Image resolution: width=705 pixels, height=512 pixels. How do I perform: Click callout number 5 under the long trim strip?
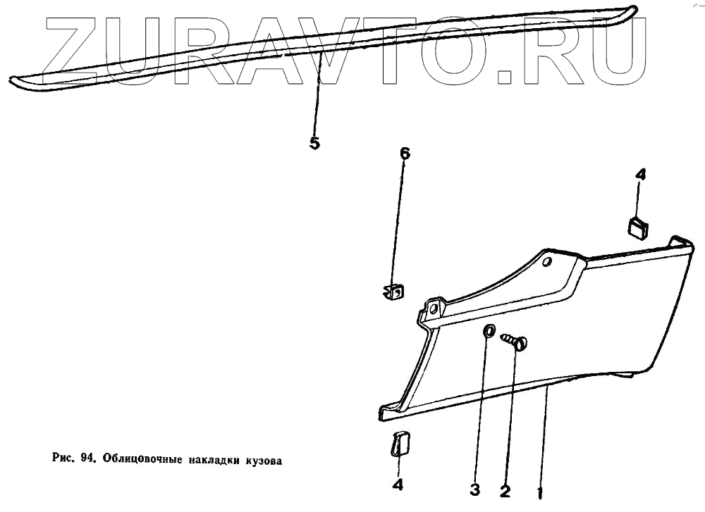(314, 144)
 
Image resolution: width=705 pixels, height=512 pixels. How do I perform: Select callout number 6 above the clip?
(405, 154)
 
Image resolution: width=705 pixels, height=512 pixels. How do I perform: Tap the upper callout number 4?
(640, 175)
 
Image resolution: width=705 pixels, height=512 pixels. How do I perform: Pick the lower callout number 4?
(398, 485)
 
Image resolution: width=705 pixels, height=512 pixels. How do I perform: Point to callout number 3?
(475, 489)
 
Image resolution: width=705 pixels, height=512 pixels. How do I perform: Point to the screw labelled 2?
(516, 342)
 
